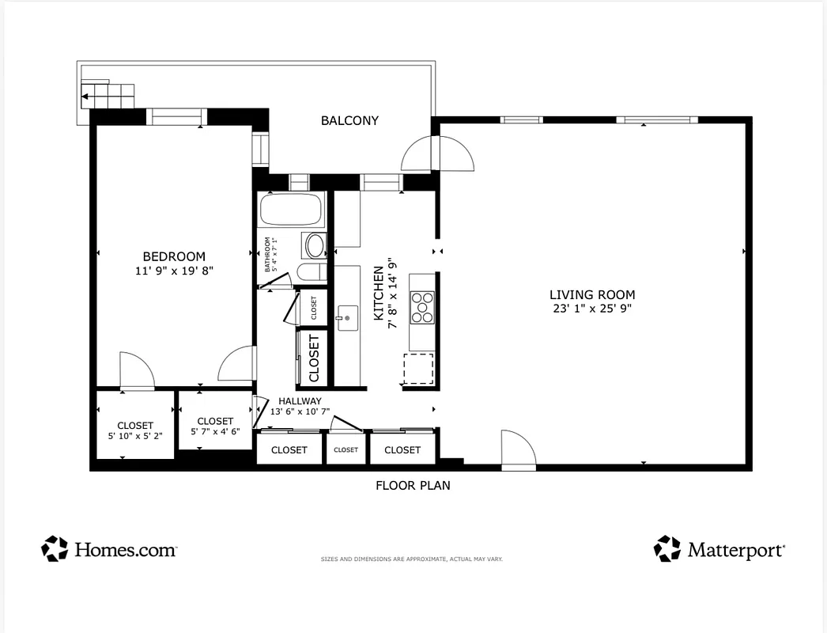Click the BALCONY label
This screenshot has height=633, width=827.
pos(349,121)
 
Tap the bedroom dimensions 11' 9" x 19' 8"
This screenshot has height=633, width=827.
pos(174,271)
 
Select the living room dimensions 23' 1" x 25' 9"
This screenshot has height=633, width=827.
pos(592,309)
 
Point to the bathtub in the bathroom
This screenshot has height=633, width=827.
pos(291,210)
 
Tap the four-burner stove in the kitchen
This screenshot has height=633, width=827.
pos(421,307)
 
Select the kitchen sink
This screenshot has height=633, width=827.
pos(346,318)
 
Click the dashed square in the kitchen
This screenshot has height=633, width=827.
pos(418,369)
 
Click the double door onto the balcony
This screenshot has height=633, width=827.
pos(436,154)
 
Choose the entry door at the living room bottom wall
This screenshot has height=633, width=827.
pos(519,450)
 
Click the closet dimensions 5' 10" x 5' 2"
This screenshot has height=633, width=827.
pos(135,436)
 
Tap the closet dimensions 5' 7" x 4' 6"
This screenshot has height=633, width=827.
pos(215,432)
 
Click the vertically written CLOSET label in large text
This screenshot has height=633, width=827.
pos(314,358)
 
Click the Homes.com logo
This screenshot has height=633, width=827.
pos(109,549)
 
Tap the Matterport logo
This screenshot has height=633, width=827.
pos(719,549)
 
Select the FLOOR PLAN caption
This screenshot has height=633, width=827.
pos(413,486)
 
